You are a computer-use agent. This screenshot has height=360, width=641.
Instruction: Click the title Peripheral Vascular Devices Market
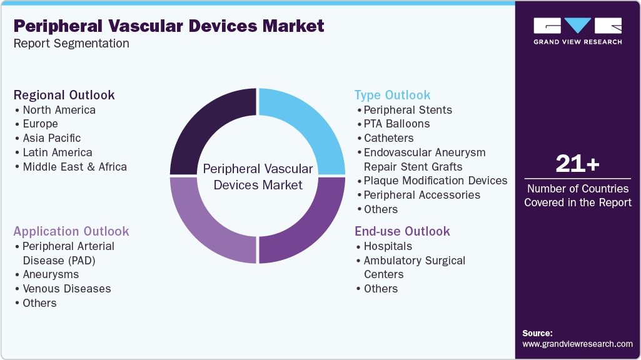[169, 26]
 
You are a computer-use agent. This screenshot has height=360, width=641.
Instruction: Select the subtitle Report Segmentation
[71, 44]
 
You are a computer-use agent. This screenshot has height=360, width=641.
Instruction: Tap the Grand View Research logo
[577, 31]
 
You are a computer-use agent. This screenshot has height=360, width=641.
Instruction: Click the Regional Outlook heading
[64, 95]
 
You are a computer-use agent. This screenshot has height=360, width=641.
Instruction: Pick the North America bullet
[59, 110]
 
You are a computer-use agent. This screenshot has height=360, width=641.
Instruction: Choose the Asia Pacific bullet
[51, 138]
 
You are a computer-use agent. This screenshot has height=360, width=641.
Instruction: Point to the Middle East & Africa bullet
[74, 167]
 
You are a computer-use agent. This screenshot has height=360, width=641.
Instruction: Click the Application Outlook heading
[71, 231]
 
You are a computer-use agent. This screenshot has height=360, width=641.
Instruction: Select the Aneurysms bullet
[51, 274]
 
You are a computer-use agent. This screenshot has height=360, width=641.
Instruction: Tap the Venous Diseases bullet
[66, 289]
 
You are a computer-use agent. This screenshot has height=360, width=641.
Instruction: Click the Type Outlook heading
[392, 95]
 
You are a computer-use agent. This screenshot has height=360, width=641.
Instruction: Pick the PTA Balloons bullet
[396, 124]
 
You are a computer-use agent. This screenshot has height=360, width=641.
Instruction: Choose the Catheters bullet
[388, 138]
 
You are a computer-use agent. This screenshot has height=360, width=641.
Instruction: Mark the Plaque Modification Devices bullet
[435, 181]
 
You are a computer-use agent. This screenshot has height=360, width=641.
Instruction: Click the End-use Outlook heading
[402, 231]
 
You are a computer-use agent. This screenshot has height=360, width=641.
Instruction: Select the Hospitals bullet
[388, 246]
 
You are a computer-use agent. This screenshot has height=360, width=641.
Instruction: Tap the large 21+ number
[577, 164]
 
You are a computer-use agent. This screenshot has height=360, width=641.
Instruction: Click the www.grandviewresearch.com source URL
[577, 344]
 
